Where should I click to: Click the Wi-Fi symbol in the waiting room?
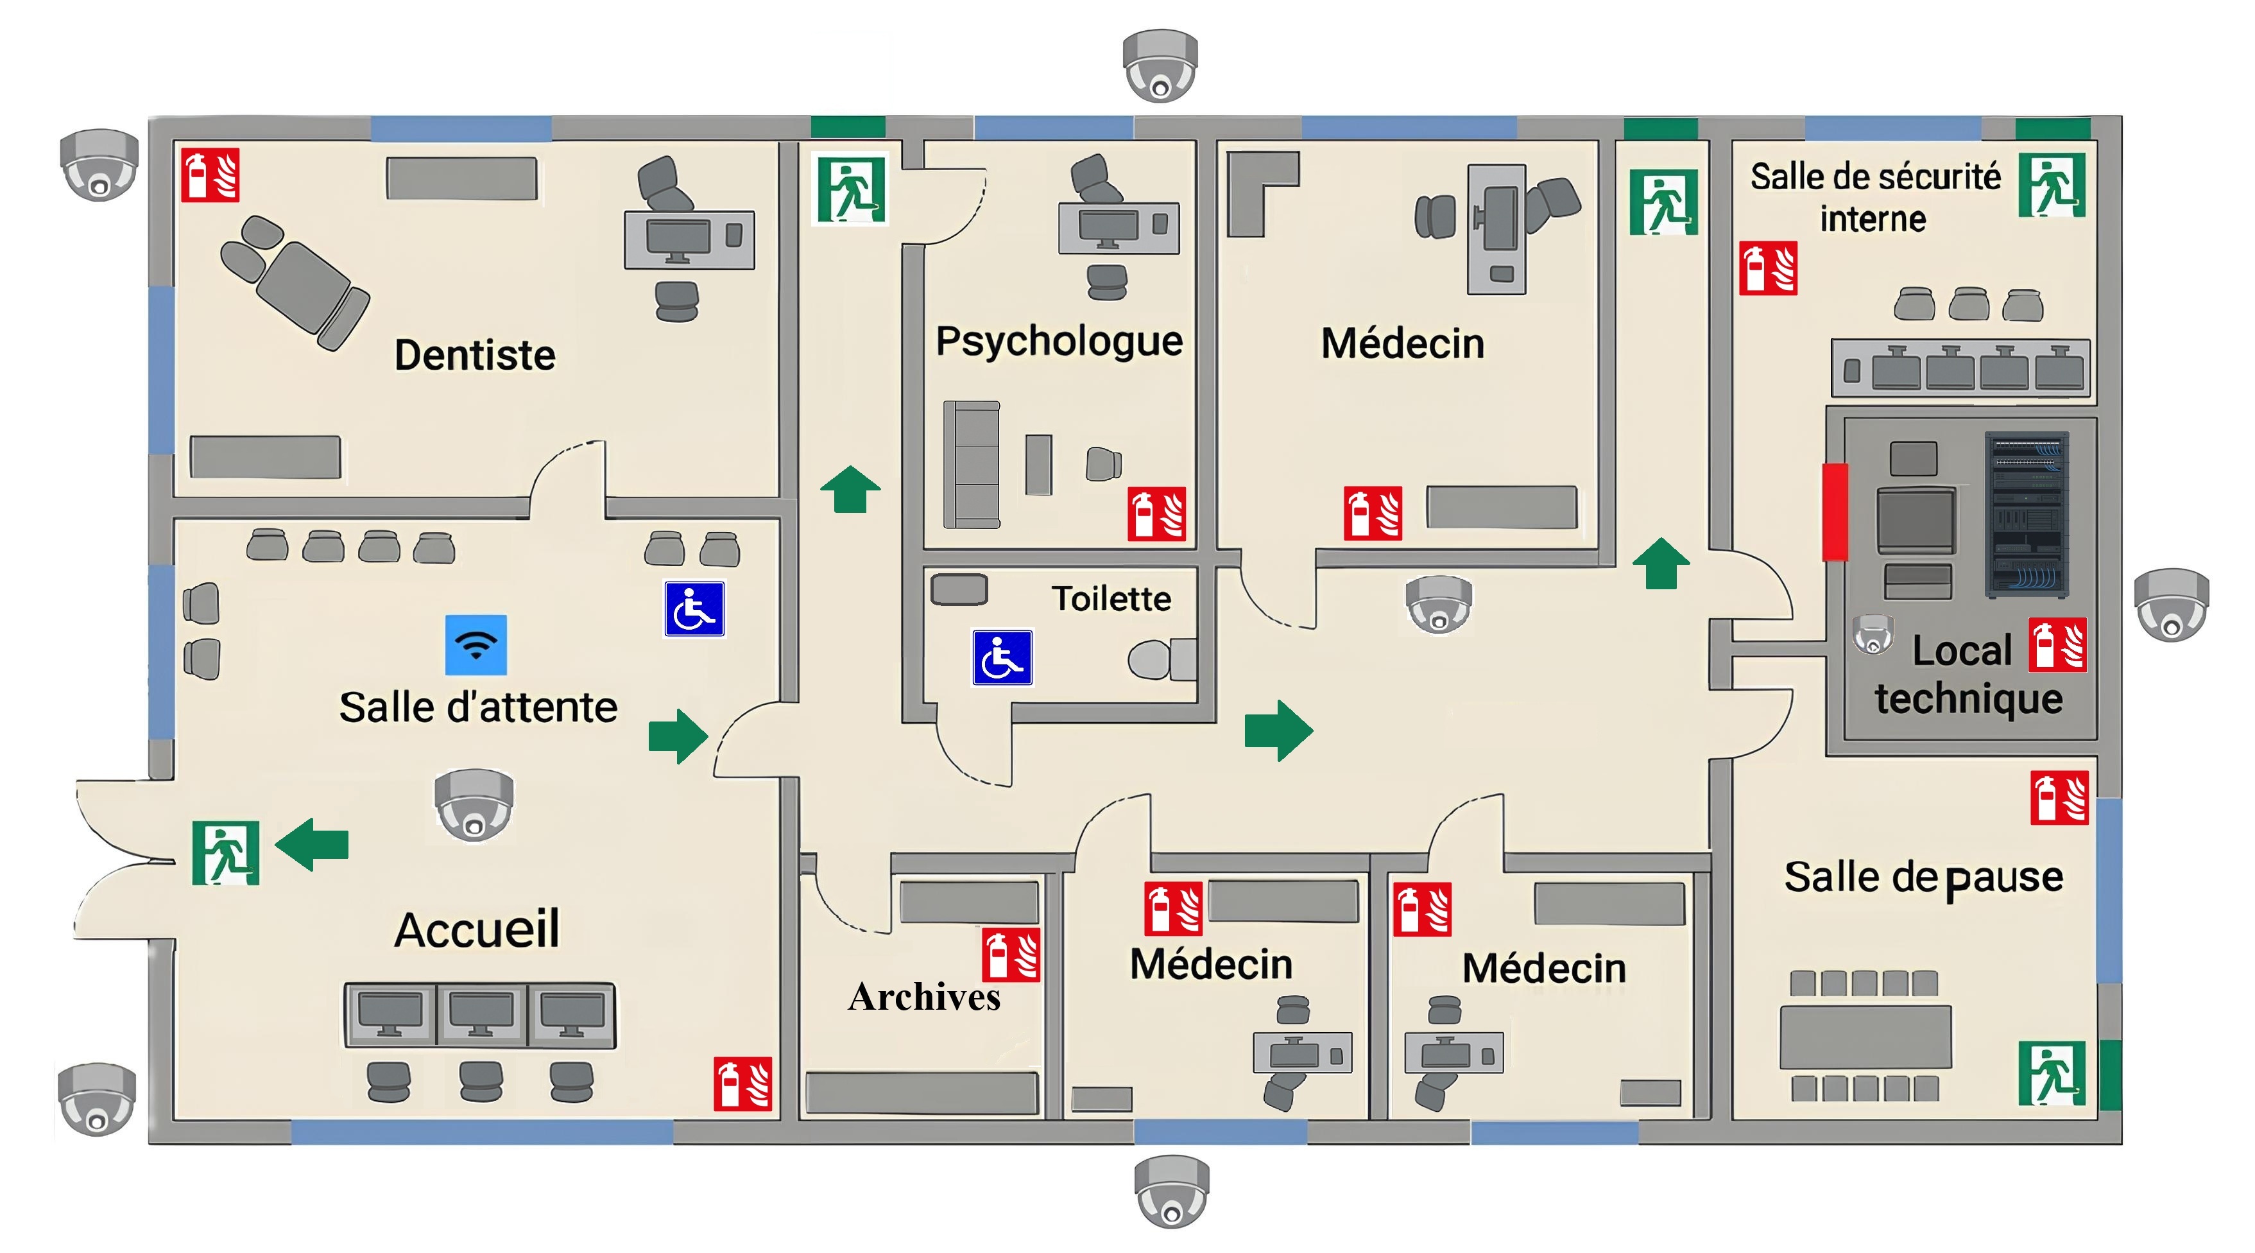(x=476, y=644)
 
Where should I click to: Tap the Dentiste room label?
(x=474, y=354)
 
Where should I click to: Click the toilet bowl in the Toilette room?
(x=1162, y=659)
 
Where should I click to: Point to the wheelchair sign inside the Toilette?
(x=1002, y=657)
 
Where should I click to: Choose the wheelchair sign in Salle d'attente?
(x=694, y=609)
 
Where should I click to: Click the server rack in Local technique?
(x=2027, y=515)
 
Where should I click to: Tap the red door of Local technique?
(x=1835, y=512)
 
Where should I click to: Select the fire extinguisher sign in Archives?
(x=1011, y=955)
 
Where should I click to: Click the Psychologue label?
(x=1059, y=341)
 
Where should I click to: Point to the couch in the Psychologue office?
(x=972, y=464)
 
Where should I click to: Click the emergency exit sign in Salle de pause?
(x=2052, y=1073)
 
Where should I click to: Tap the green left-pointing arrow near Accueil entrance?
(x=312, y=845)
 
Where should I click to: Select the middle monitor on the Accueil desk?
(x=481, y=1015)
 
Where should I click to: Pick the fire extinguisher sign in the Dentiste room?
(x=210, y=175)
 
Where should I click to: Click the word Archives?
(x=925, y=996)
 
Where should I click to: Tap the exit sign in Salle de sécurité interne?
(x=2052, y=185)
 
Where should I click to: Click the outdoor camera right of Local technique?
(x=2172, y=604)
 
